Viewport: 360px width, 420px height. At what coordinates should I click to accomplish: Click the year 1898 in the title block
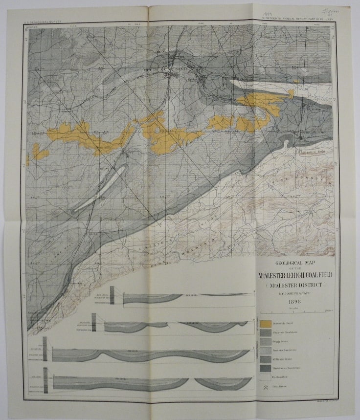(295, 302)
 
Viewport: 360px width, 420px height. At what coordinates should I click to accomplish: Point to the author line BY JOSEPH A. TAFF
(294, 293)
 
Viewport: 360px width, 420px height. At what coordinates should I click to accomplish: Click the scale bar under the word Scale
(295, 311)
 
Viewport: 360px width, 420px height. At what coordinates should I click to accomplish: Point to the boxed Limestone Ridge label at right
(314, 152)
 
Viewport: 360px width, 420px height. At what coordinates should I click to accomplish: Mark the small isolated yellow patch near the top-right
(295, 80)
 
